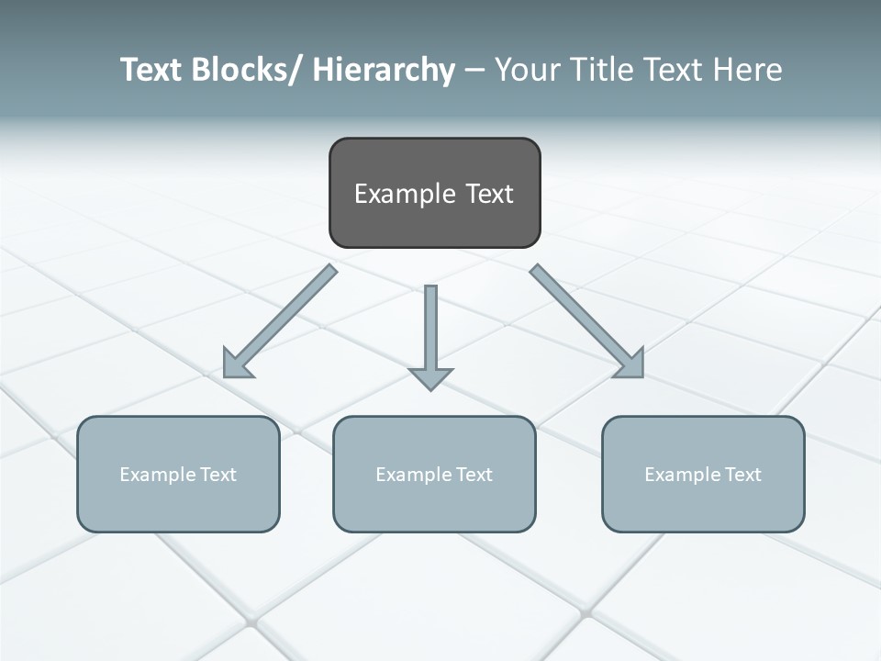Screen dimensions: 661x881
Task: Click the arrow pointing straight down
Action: (430, 330)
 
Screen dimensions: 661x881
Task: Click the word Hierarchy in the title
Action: (384, 70)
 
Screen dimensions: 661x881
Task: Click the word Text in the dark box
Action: (489, 194)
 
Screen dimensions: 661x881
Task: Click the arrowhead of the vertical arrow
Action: (430, 377)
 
